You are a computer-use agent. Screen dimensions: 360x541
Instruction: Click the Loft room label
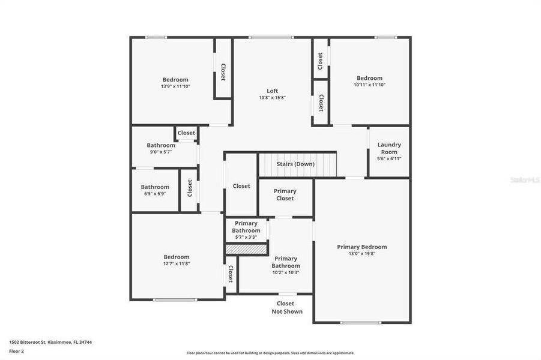[x=273, y=91]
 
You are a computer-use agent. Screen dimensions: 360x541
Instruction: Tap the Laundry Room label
[x=389, y=148]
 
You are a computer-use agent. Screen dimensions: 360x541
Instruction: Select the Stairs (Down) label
[x=295, y=164]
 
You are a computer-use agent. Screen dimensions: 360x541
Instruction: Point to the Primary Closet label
[x=285, y=194]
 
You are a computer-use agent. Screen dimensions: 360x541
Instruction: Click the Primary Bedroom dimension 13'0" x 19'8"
[x=361, y=253]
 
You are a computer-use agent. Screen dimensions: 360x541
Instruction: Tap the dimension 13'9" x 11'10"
[x=175, y=86]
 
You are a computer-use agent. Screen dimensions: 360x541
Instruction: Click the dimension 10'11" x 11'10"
[x=369, y=85]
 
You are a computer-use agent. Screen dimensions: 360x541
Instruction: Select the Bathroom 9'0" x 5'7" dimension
[x=161, y=152]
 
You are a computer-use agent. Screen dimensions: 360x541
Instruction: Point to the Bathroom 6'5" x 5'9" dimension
[x=155, y=194]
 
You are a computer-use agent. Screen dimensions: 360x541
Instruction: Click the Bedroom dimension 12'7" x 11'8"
[x=176, y=263]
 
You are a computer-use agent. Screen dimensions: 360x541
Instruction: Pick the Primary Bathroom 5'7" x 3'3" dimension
[x=246, y=237]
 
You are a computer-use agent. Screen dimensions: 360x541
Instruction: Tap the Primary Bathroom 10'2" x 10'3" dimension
[x=285, y=272]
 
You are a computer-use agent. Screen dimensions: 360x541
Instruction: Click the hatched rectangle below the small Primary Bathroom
[x=246, y=248]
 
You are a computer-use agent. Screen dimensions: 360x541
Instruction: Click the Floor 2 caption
[x=16, y=350]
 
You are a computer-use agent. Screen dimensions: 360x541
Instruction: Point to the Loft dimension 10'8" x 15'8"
[x=273, y=97]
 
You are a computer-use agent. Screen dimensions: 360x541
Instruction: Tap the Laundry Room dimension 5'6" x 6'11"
[x=389, y=158]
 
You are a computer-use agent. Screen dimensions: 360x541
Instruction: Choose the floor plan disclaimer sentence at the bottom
[x=270, y=353]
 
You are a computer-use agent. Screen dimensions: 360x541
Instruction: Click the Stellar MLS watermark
[x=524, y=179]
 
